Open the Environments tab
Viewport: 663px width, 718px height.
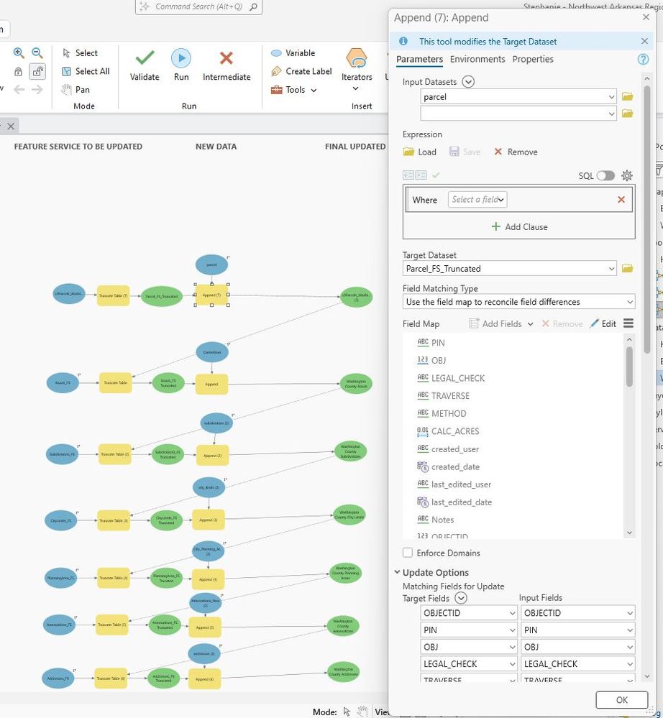click(x=478, y=59)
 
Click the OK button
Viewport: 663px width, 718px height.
click(x=621, y=699)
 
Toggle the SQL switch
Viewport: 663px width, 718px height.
click(x=605, y=175)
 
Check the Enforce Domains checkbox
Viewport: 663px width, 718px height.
click(x=408, y=553)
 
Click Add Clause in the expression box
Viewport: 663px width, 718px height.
click(x=518, y=226)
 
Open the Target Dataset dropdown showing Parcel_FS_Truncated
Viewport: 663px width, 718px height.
click(x=511, y=269)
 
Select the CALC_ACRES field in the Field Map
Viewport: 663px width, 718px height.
click(x=454, y=431)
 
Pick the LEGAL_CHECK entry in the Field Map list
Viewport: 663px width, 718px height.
click(x=457, y=378)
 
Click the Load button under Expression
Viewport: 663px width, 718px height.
click(x=420, y=152)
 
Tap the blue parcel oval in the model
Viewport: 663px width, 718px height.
click(x=211, y=265)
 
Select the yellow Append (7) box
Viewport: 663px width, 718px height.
click(x=211, y=295)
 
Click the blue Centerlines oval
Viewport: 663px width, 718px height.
click(x=211, y=352)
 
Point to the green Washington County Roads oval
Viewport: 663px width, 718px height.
click(x=357, y=383)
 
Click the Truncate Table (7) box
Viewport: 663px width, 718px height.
click(x=114, y=295)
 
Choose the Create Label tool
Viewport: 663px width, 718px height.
click(x=301, y=71)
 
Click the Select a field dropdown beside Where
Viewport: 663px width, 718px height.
click(x=477, y=199)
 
